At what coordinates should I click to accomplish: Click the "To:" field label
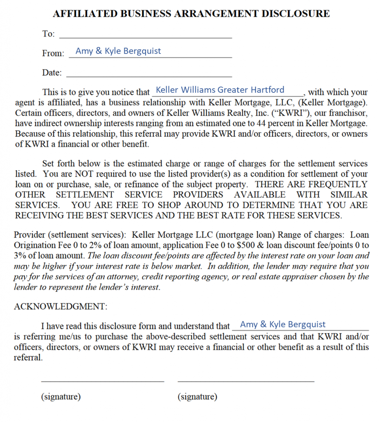tap(48, 34)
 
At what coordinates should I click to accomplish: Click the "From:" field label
tap(53, 53)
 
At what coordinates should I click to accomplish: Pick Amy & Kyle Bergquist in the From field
tap(118, 51)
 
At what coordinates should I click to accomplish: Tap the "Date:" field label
tap(52, 73)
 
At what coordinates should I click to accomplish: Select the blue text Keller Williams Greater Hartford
tap(220, 90)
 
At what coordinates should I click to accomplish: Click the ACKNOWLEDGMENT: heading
tap(61, 307)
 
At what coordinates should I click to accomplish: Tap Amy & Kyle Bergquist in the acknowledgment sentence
tap(282, 325)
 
